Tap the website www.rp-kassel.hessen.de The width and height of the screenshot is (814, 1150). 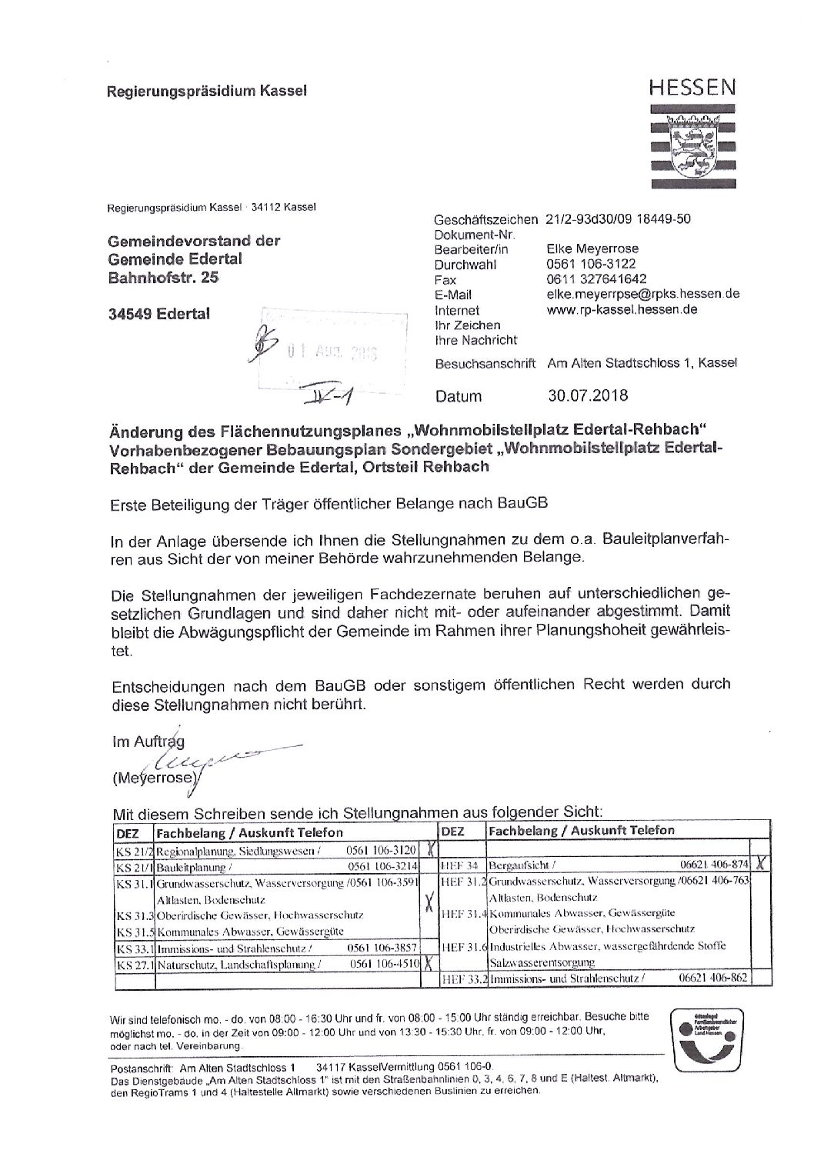[621, 310]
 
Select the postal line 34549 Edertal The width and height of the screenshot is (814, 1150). [158, 314]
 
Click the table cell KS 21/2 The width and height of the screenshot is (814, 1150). [135, 850]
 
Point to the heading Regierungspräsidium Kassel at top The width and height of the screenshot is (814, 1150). [206, 91]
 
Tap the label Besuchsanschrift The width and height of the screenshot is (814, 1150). [485, 362]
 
